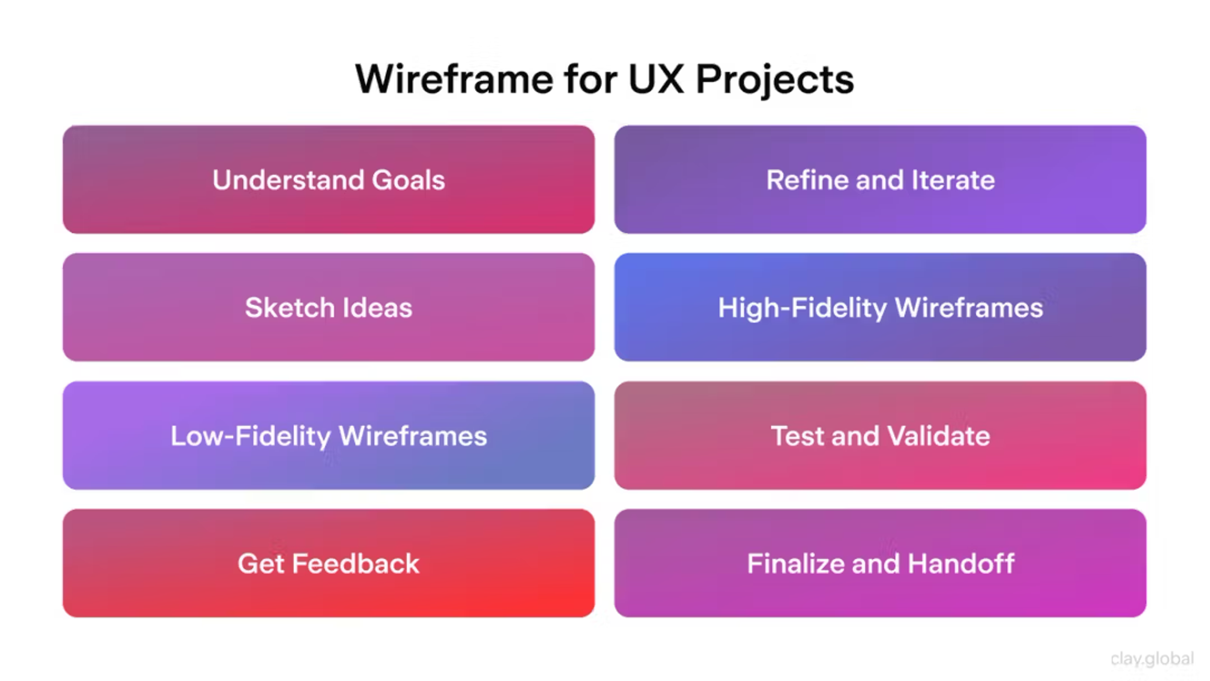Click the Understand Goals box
(x=328, y=180)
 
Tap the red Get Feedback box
(x=328, y=563)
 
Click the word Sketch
(x=289, y=308)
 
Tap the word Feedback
(x=355, y=564)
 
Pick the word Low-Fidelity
(x=251, y=436)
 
